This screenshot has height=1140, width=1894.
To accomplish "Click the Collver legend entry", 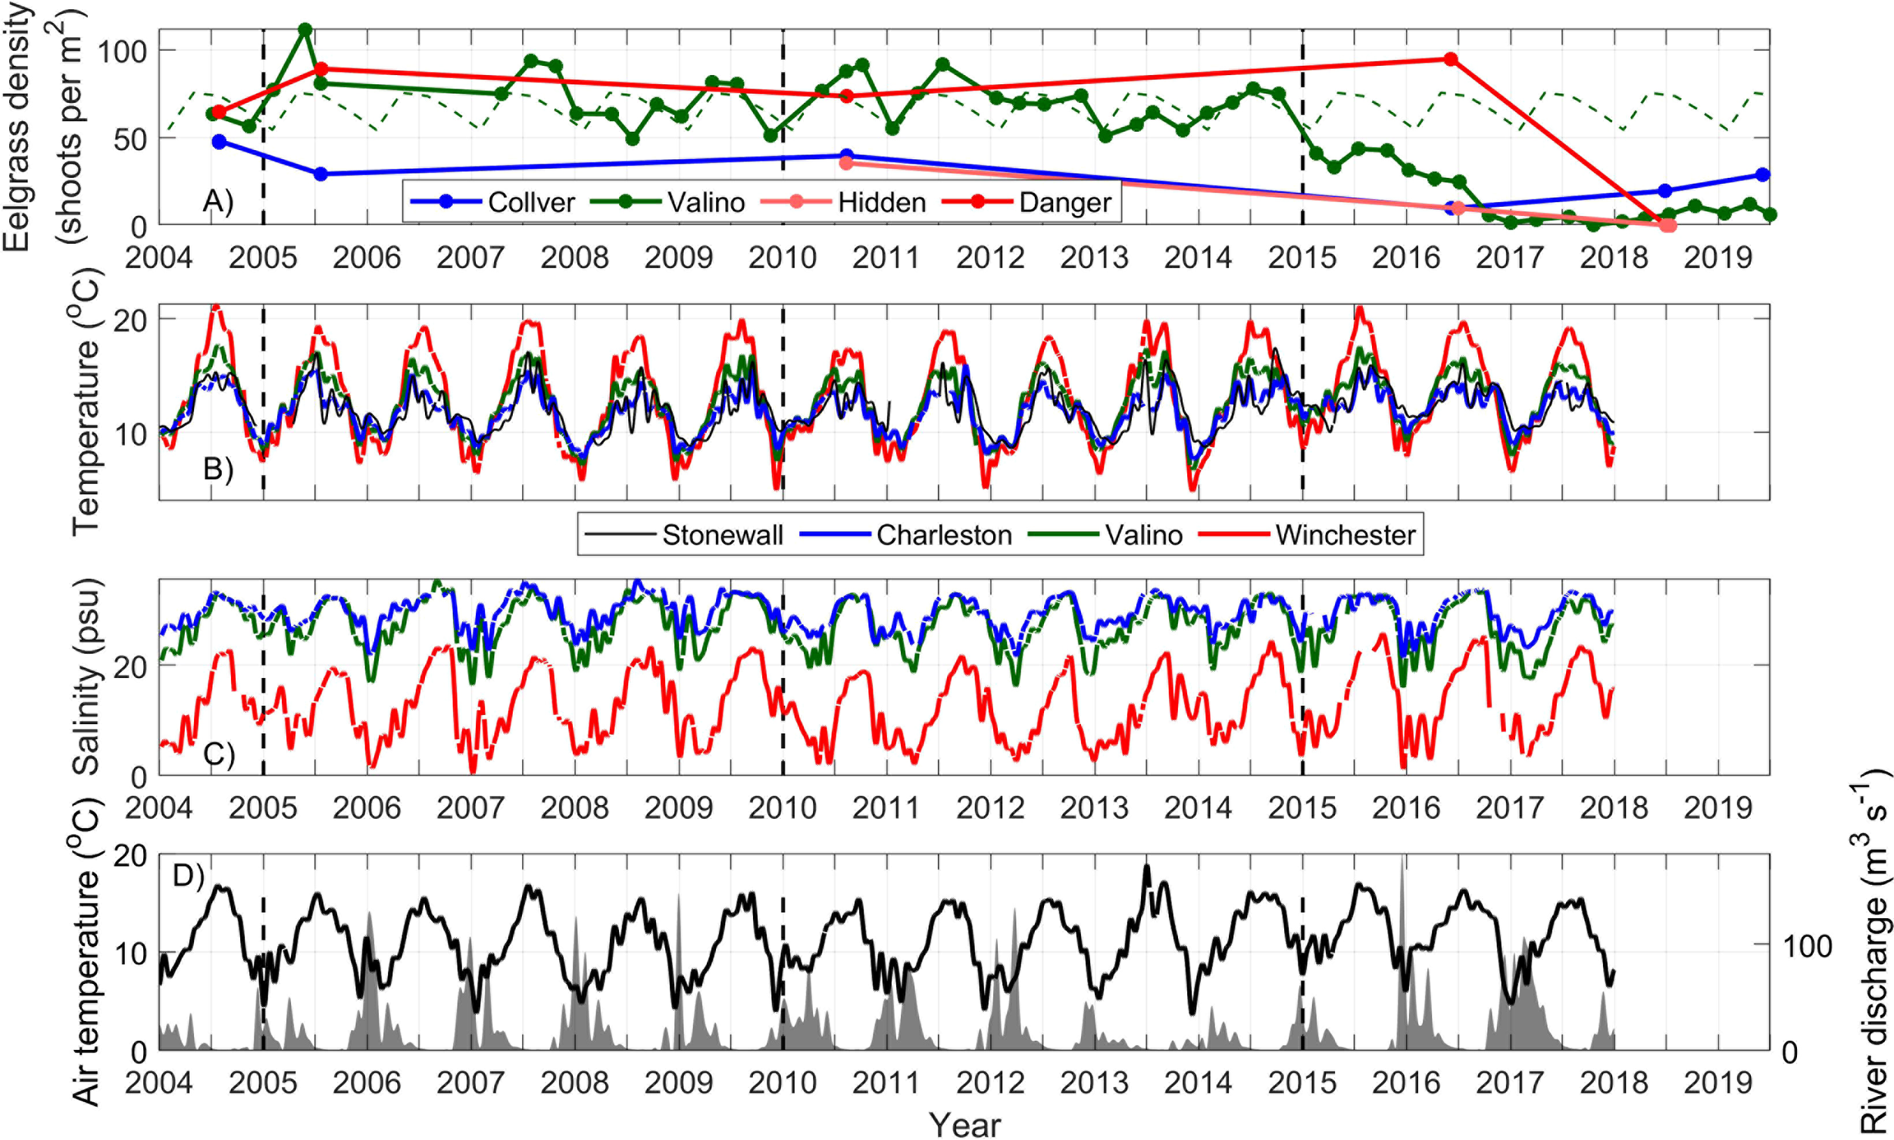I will coord(530,202).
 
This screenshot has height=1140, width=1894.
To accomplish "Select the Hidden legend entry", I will coord(880,202).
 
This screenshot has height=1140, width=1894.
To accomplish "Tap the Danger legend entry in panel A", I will coord(1064,202).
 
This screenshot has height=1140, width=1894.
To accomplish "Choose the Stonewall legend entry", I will coord(721,535).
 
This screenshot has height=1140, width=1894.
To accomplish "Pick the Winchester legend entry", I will coord(1345,535).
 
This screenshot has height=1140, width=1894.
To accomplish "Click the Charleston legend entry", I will coord(943,535).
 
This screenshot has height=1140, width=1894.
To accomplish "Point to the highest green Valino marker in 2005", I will coord(305,30).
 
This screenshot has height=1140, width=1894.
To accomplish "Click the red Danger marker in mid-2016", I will coord(1451,59).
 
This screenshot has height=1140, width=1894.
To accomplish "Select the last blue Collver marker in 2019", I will coord(1764,175).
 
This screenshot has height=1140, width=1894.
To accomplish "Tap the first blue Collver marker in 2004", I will coord(219,142).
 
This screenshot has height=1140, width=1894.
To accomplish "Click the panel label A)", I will coord(217,201).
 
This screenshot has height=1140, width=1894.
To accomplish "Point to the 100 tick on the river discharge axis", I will coord(1806,946).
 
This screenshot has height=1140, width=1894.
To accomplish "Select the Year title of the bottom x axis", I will coord(964,1125).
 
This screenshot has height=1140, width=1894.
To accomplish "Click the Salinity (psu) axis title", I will coord(86,676).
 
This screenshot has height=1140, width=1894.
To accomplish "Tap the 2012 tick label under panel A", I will coord(989,258).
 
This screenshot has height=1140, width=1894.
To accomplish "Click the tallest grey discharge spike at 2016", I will coord(1402,864).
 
